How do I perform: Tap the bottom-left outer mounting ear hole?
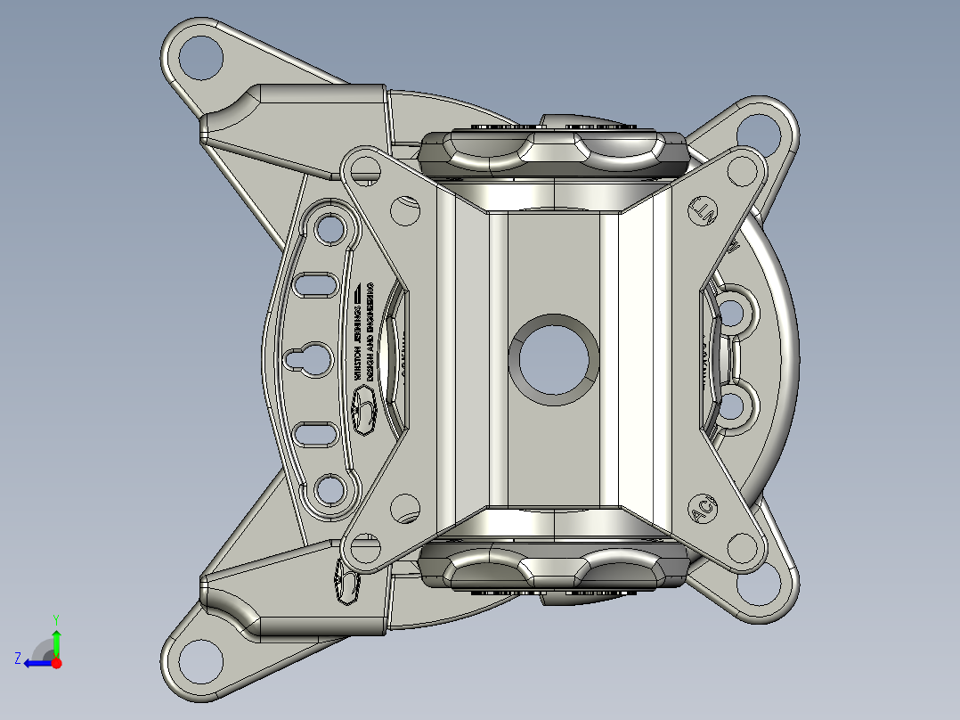(199, 660)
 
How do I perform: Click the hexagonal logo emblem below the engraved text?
(364, 413)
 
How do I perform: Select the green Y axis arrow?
(56, 640)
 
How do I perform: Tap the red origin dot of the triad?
(56, 663)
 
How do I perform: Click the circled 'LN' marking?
(704, 210)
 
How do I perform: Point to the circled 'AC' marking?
(704, 510)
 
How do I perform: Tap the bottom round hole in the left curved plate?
(330, 488)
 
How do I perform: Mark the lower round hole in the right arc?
(732, 406)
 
